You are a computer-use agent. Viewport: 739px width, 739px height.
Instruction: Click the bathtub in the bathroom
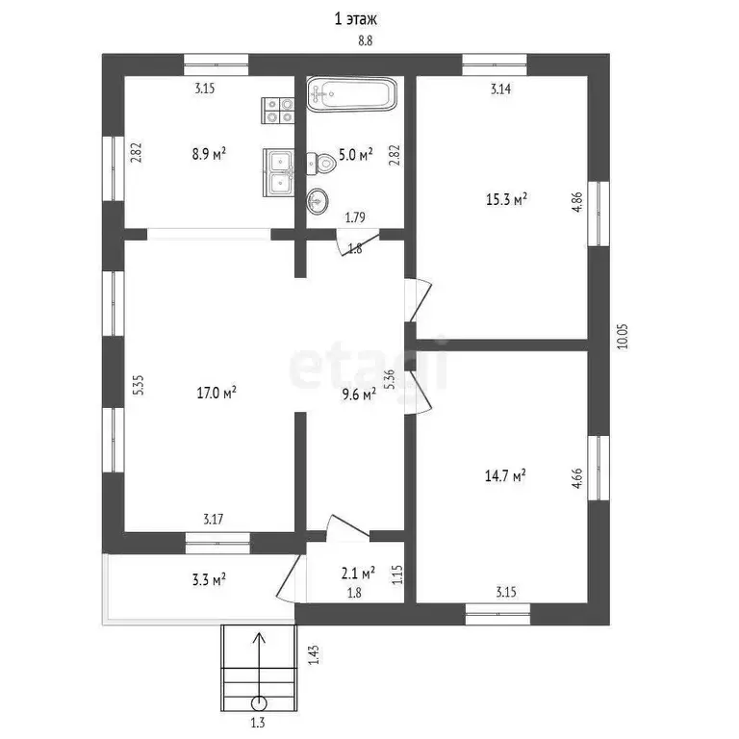point(351,94)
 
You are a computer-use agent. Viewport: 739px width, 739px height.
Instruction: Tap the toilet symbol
point(321,164)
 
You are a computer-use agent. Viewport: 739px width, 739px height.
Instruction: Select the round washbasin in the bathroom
point(318,202)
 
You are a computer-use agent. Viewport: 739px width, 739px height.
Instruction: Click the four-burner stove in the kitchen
point(278,111)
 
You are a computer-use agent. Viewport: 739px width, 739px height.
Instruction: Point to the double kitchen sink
point(278,172)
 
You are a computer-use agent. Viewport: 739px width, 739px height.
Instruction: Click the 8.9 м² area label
point(209,154)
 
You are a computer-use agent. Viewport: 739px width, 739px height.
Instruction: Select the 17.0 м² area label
point(217,393)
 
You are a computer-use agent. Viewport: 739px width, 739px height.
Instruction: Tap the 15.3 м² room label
point(506,199)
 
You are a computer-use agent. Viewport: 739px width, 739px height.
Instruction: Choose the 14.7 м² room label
point(505,475)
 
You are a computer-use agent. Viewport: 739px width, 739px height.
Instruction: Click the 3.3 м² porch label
point(209,579)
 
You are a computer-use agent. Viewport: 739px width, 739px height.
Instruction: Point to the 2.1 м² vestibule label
point(358,573)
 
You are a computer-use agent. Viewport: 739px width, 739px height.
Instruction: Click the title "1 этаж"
point(355,19)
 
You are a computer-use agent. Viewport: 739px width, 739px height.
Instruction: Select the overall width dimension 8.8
point(366,41)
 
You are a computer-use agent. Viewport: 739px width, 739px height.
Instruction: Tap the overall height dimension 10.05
point(624,336)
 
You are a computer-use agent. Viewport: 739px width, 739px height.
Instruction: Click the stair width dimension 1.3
point(258,722)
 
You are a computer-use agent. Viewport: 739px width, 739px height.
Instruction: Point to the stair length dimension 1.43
point(314,654)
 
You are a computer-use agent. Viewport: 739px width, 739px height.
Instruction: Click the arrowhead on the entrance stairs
point(259,638)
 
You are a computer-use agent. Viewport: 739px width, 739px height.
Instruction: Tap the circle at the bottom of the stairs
point(259,703)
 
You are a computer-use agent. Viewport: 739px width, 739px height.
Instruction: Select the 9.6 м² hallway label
point(359,394)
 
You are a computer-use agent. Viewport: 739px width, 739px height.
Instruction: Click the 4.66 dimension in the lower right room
point(577,478)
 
